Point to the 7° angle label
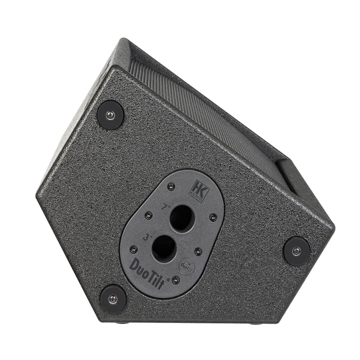(x=166, y=207)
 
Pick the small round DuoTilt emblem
(x=187, y=265)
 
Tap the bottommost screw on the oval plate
(x=175, y=280)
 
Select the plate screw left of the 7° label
(x=148, y=215)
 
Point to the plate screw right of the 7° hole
(x=213, y=218)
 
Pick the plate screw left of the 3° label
(x=134, y=249)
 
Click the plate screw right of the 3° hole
(x=198, y=251)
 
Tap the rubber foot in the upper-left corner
(x=110, y=115)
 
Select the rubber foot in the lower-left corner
(x=113, y=299)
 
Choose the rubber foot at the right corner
(x=297, y=251)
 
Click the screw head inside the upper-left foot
(x=110, y=115)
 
